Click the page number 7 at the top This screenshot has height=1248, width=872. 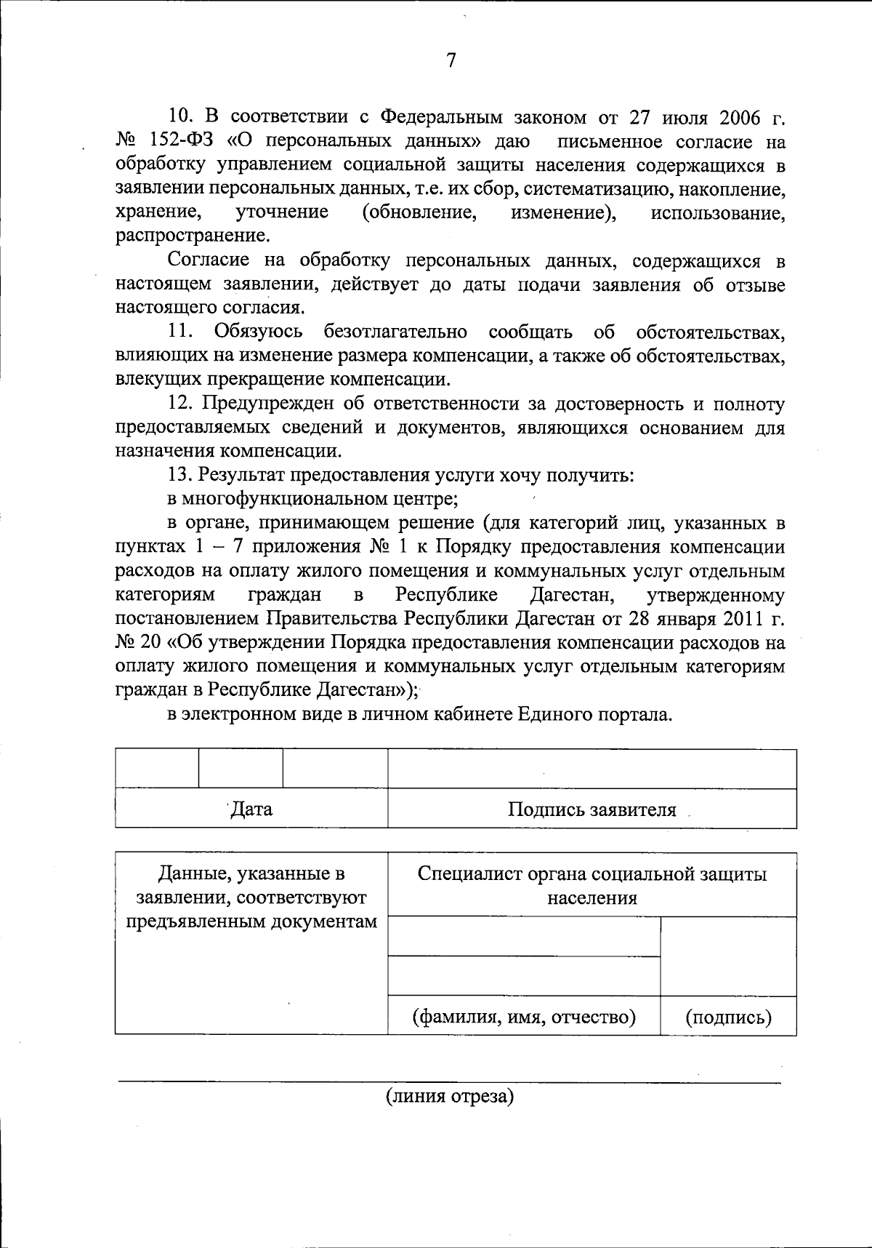tap(450, 60)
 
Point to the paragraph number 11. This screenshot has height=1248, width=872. tap(180, 332)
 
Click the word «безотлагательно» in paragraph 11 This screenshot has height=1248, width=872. tap(395, 332)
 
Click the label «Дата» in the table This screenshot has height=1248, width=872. tap(251, 809)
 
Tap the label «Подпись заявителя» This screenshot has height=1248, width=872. tap(592, 809)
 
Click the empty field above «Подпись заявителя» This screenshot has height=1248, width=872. tap(592, 769)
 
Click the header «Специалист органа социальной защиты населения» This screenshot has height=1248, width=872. tap(592, 885)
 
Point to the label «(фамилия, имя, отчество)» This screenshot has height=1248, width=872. tap(524, 1016)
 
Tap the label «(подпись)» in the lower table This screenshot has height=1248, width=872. tap(728, 1017)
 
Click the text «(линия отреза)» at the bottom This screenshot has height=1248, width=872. tap(449, 1096)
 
